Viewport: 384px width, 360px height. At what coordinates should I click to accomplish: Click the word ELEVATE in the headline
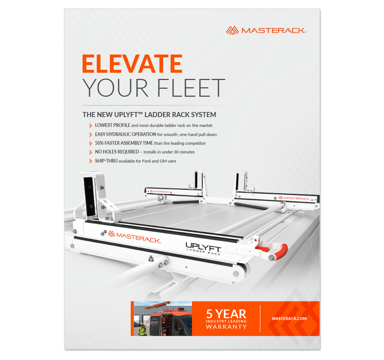click(x=132, y=64)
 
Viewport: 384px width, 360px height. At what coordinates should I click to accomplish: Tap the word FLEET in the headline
click(x=191, y=88)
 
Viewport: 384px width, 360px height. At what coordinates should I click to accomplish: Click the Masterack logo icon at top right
click(x=232, y=31)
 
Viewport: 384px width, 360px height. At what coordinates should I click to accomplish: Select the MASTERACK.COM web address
click(x=289, y=319)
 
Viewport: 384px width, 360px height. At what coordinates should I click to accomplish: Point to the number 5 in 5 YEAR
click(x=209, y=314)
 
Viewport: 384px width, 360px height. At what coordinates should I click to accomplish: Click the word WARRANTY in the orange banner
click(x=226, y=327)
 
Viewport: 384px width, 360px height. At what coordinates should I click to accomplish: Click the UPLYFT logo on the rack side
click(x=204, y=249)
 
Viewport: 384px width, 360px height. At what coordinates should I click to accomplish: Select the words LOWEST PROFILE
click(x=113, y=125)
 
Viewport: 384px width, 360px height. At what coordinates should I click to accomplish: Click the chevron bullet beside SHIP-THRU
click(x=91, y=161)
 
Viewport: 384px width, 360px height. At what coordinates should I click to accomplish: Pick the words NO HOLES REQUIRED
click(x=117, y=152)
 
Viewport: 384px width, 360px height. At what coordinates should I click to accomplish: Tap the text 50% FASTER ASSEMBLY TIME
click(x=124, y=143)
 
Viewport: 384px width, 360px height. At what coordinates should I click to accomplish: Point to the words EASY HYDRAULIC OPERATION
click(x=125, y=134)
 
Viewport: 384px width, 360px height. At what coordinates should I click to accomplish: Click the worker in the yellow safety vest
click(x=142, y=329)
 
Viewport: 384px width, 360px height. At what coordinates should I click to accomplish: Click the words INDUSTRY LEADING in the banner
click(x=226, y=321)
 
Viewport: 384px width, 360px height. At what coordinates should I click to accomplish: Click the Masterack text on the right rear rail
click(x=297, y=199)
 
